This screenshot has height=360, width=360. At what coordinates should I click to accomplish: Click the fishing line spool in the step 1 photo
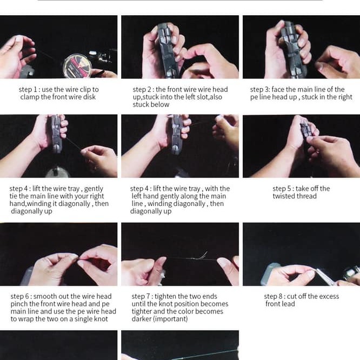[x=77, y=66]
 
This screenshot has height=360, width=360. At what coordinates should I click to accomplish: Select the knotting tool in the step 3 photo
[x=293, y=50]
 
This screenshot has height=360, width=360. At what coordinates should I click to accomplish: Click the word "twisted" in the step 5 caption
[x=284, y=196]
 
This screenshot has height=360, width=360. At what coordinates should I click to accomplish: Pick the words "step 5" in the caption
[x=281, y=189]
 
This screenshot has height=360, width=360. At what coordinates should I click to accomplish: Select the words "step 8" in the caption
[x=272, y=296]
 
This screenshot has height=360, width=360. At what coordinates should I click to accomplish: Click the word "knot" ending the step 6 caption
[x=101, y=319]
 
